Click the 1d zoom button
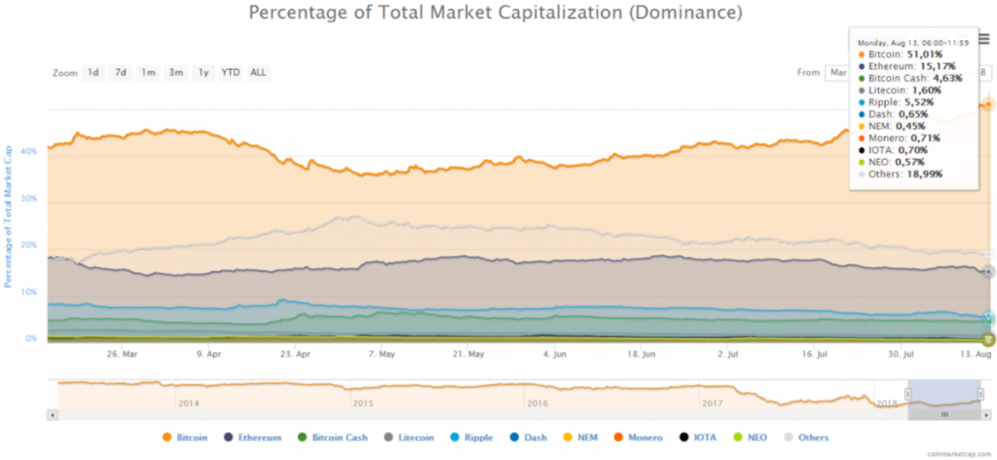click(93, 72)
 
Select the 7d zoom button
click(121, 72)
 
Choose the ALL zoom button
click(258, 72)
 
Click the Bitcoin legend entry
click(189, 438)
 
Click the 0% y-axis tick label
click(31, 339)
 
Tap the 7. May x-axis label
click(381, 355)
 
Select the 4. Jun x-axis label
click(555, 355)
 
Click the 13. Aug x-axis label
click(976, 355)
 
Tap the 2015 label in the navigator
click(362, 402)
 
